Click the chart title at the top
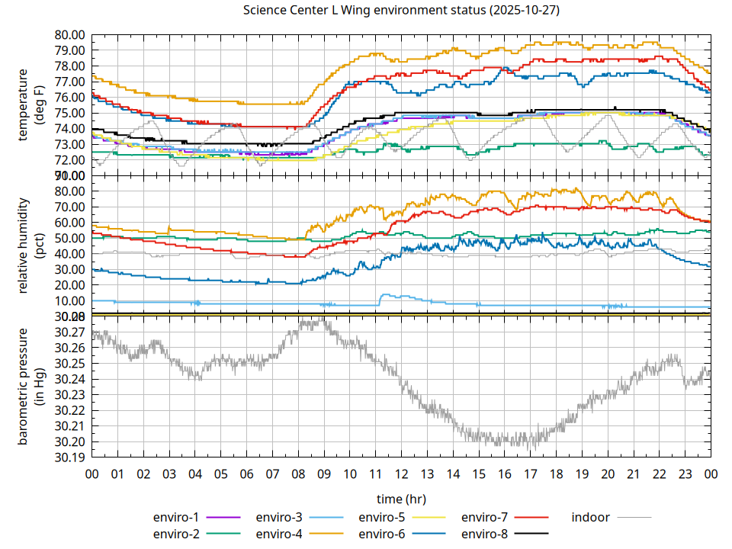pyautogui.click(x=401, y=11)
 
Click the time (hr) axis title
pyautogui.click(x=401, y=499)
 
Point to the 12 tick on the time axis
pyautogui.click(x=401, y=474)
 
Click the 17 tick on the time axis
pyautogui.click(x=530, y=474)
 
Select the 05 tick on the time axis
pyautogui.click(x=220, y=474)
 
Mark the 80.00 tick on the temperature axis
pyautogui.click(x=69, y=34)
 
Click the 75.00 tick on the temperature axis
pyautogui.click(x=69, y=113)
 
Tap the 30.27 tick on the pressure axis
pyautogui.click(x=69, y=332)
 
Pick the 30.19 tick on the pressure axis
pyautogui.click(x=69, y=457)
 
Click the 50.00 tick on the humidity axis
pyautogui.click(x=69, y=238)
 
